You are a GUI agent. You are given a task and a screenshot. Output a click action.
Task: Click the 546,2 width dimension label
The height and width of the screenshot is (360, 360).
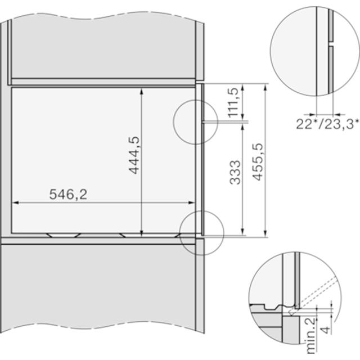coord(68,194)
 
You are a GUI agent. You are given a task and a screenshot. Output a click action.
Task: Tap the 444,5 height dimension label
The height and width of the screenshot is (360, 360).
coord(134,155)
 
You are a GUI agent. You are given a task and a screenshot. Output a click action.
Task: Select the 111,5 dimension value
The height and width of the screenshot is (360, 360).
coord(234,102)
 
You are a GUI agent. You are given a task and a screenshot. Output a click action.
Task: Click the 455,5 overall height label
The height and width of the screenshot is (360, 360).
coord(257,161)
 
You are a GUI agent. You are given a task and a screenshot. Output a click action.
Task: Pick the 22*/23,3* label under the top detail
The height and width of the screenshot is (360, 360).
coord(327,124)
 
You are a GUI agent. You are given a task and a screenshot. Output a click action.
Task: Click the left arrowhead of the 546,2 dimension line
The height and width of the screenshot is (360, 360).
coord(16,202)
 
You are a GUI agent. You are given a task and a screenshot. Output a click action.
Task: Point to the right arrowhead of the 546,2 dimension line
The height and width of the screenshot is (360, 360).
coord(191,202)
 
